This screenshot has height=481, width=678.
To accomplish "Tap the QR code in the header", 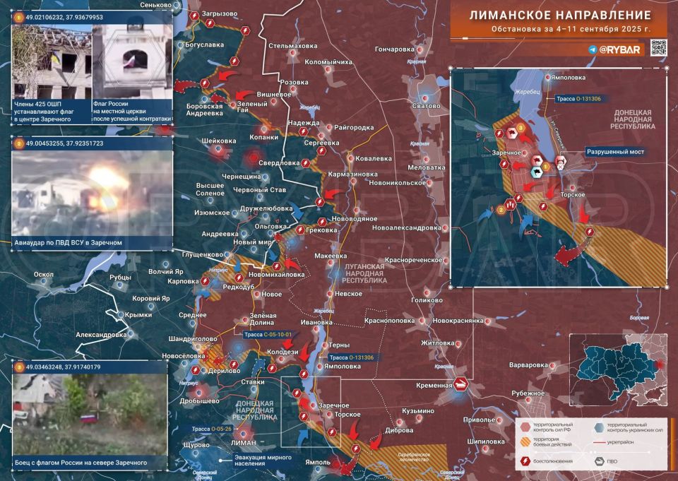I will (658, 48).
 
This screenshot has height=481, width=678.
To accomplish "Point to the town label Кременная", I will (434, 385).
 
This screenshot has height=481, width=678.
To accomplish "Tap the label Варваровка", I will (528, 365).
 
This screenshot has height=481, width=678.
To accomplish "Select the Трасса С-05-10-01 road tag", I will (269, 335).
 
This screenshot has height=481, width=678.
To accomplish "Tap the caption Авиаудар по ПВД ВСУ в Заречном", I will (69, 242).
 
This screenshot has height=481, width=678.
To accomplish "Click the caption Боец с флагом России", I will (81, 463).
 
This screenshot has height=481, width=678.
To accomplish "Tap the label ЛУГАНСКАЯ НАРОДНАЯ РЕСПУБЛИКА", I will (359, 273).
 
